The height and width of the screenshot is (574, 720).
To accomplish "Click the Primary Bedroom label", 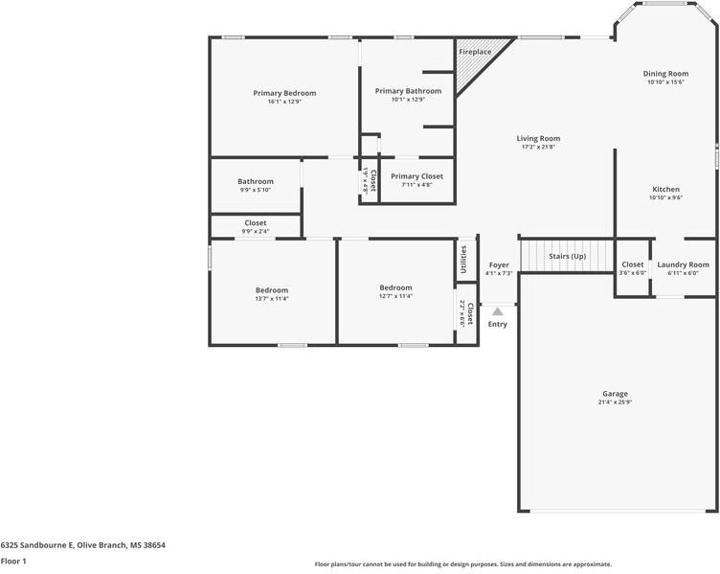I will click(284, 93).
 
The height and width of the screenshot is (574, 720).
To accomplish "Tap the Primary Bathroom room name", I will click(408, 91).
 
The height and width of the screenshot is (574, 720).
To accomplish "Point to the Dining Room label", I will click(664, 74).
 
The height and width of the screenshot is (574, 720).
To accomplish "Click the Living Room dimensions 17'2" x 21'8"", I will click(538, 148).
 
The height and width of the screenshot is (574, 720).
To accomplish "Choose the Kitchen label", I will click(665, 190).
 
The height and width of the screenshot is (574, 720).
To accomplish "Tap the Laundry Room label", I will click(683, 264).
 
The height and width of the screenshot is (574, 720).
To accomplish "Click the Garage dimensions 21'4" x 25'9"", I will click(615, 402).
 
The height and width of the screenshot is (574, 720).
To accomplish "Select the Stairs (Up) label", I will click(567, 257).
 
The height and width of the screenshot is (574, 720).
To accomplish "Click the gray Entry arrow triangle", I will click(497, 311).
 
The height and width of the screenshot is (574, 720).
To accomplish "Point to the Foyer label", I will click(499, 264).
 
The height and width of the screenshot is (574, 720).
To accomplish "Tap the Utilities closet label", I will click(464, 259).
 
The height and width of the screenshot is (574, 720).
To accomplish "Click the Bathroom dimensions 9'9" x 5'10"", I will click(256, 191).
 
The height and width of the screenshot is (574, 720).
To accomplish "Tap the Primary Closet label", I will click(416, 176).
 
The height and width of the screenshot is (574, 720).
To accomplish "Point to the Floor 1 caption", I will click(13, 561).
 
